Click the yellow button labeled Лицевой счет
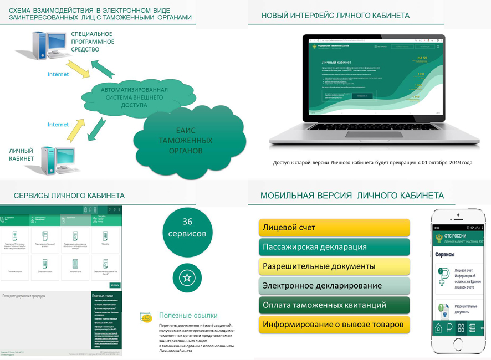(x=334, y=228)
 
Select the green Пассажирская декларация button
(x=334, y=246)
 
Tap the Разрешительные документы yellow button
(x=334, y=266)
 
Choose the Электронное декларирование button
(x=334, y=285)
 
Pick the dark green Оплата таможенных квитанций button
(x=334, y=305)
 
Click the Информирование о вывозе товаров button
(x=334, y=324)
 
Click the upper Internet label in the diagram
(x=58, y=74)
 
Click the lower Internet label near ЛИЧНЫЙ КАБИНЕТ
(x=58, y=125)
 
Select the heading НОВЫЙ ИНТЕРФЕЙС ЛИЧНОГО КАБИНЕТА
(x=335, y=16)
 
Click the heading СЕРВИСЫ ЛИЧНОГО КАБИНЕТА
(x=69, y=196)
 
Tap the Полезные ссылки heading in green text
(x=188, y=316)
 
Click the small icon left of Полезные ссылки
(x=146, y=316)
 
